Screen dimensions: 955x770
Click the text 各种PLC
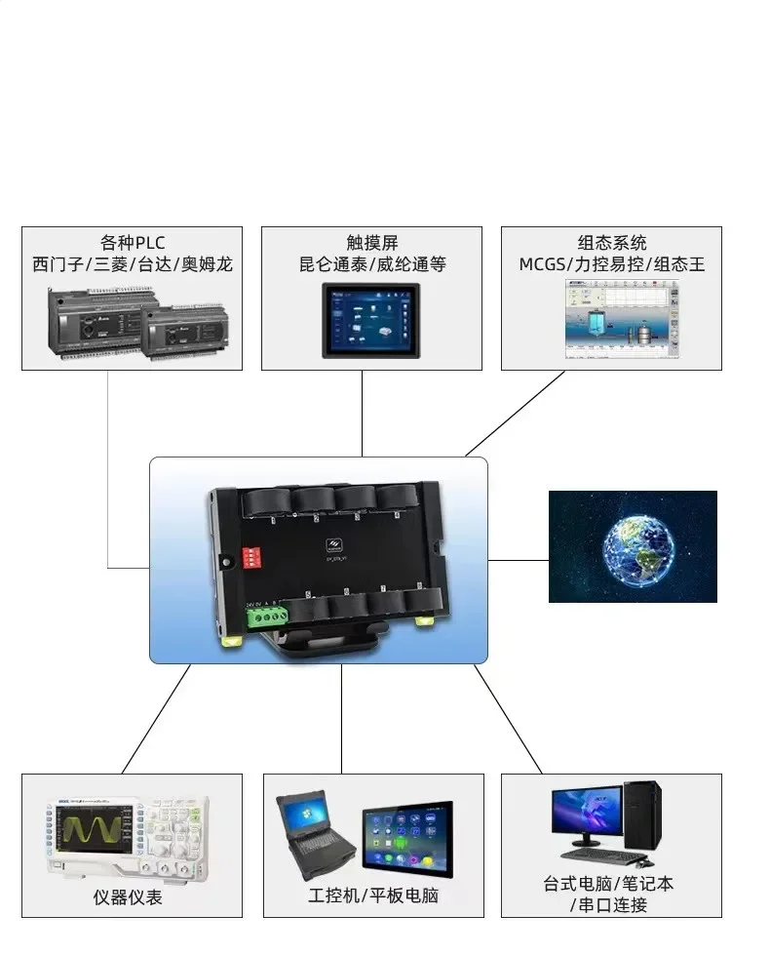click(132, 243)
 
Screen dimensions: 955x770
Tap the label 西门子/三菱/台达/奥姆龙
click(132, 264)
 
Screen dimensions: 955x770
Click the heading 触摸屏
click(371, 243)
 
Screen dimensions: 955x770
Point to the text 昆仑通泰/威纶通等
click(371, 264)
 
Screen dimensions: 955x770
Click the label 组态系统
click(611, 243)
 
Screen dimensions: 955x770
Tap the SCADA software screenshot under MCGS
click(622, 319)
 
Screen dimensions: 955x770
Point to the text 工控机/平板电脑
click(373, 895)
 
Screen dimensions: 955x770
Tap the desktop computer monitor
click(587, 813)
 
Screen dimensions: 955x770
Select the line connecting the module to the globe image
click(518, 561)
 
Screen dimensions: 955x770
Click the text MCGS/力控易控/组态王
click(611, 264)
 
